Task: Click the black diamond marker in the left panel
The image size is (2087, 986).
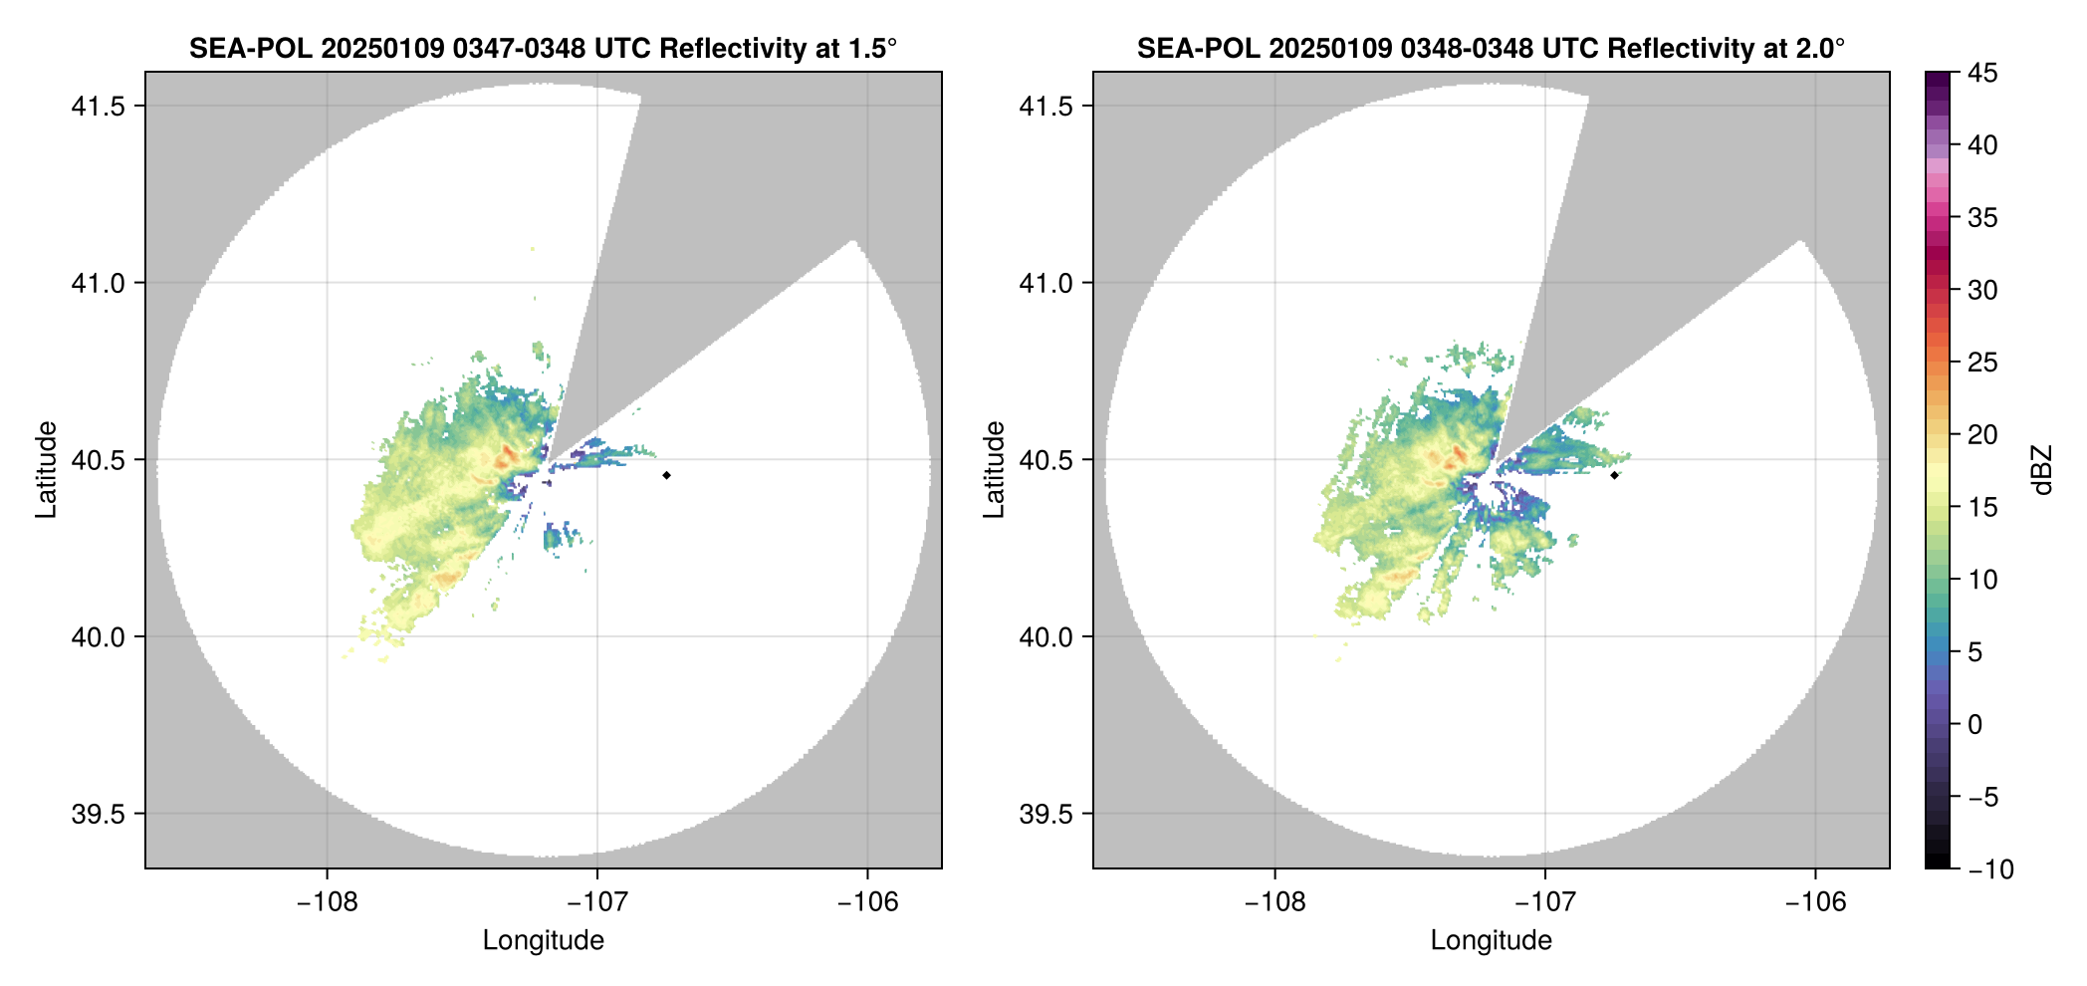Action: [666, 475]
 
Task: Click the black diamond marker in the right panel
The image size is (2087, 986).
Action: [1614, 475]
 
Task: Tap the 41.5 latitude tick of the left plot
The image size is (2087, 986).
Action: [97, 107]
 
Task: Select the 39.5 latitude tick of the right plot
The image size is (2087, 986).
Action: [1044, 814]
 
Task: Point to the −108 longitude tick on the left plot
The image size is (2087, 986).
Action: [327, 902]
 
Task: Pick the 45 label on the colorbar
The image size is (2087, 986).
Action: [1982, 73]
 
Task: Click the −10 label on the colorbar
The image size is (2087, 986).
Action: [1990, 869]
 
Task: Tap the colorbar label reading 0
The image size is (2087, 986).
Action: [1975, 725]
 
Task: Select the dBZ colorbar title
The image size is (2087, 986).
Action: [2043, 470]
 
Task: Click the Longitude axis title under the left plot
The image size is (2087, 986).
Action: [544, 940]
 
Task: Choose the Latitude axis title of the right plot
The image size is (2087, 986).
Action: [994, 470]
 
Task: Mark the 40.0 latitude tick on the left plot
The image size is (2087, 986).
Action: [97, 637]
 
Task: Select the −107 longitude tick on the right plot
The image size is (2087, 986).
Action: [1544, 902]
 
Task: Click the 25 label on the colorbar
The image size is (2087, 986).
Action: [1982, 363]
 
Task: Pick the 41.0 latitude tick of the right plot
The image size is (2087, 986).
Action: [1044, 284]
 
